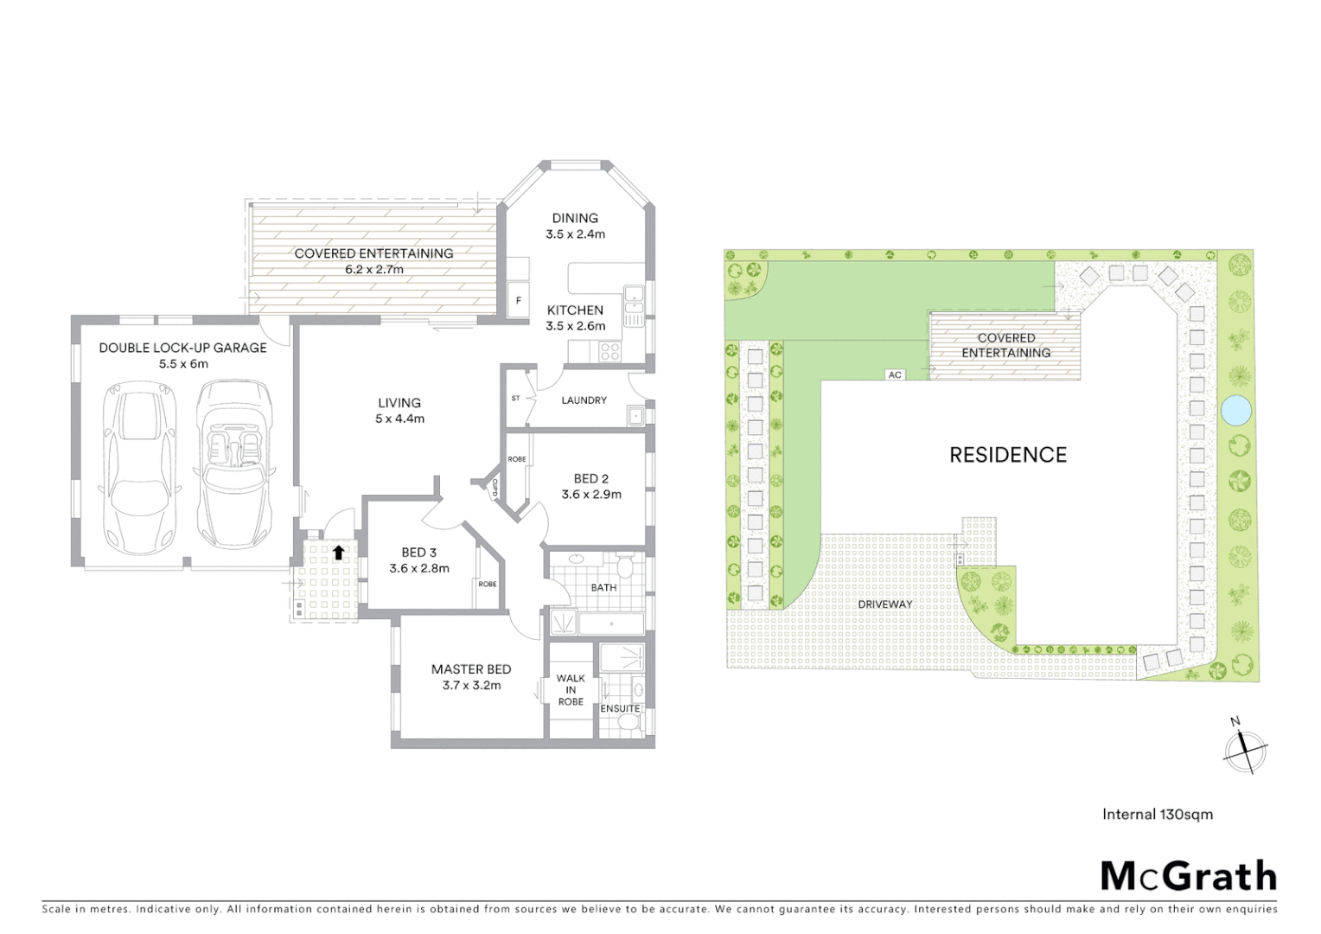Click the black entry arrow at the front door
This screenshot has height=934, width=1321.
[338, 550]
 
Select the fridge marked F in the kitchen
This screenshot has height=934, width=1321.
[518, 301]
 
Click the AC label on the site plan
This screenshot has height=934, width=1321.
[895, 374]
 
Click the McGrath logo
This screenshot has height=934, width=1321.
[1188, 876]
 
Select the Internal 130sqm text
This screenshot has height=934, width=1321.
[1157, 814]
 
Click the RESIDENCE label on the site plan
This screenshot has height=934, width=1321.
[1008, 455]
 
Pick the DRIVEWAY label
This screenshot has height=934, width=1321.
[885, 605]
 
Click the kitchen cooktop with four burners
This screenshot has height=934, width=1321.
[609, 351]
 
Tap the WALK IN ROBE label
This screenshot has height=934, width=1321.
[571, 690]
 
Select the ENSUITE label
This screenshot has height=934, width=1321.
[620, 708]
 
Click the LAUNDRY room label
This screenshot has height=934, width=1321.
[584, 400]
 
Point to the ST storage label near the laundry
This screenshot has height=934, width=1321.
[516, 399]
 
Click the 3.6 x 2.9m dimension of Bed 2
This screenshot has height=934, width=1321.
[591, 495]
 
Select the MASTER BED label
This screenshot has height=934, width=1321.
[471, 669]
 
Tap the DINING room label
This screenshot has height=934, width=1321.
[575, 218]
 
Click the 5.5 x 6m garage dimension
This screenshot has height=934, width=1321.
[182, 363]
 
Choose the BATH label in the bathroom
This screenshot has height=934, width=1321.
[603, 587]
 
